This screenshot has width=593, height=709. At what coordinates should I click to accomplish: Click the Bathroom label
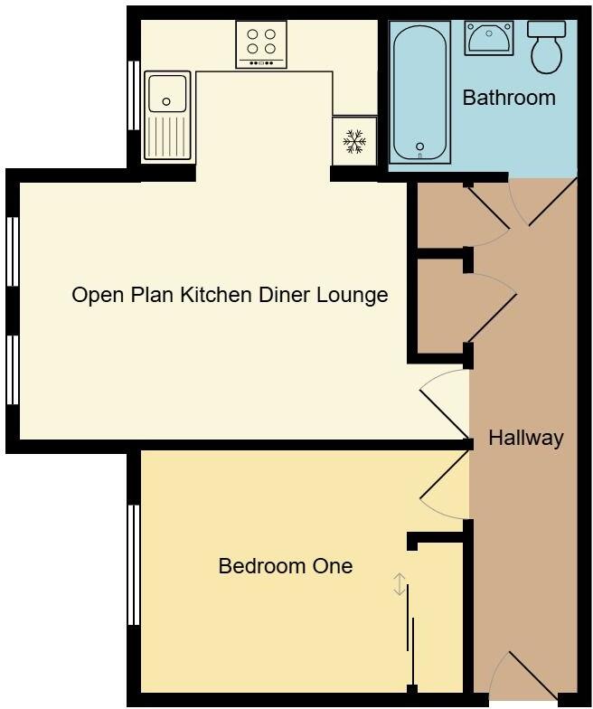(x=509, y=98)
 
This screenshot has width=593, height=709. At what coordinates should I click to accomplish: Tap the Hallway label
(x=525, y=439)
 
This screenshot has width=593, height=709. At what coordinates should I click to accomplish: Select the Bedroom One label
(x=286, y=566)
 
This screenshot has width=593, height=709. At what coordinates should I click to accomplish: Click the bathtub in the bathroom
(x=419, y=92)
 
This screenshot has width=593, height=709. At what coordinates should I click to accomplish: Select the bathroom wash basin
(x=489, y=39)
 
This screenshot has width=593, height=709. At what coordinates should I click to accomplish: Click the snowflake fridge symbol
(x=353, y=140)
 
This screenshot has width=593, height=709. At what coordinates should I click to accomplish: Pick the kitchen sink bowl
(x=167, y=92)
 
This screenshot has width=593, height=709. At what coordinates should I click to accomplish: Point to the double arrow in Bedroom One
(x=399, y=584)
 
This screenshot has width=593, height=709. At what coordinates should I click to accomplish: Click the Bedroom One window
(x=134, y=564)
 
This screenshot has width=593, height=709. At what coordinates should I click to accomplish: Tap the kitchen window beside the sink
(x=134, y=96)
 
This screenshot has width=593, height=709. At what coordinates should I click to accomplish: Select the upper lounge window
(x=13, y=251)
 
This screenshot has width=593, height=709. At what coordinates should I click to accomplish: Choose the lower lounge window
(x=13, y=370)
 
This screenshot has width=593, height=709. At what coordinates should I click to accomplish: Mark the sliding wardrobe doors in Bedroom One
(x=412, y=633)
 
